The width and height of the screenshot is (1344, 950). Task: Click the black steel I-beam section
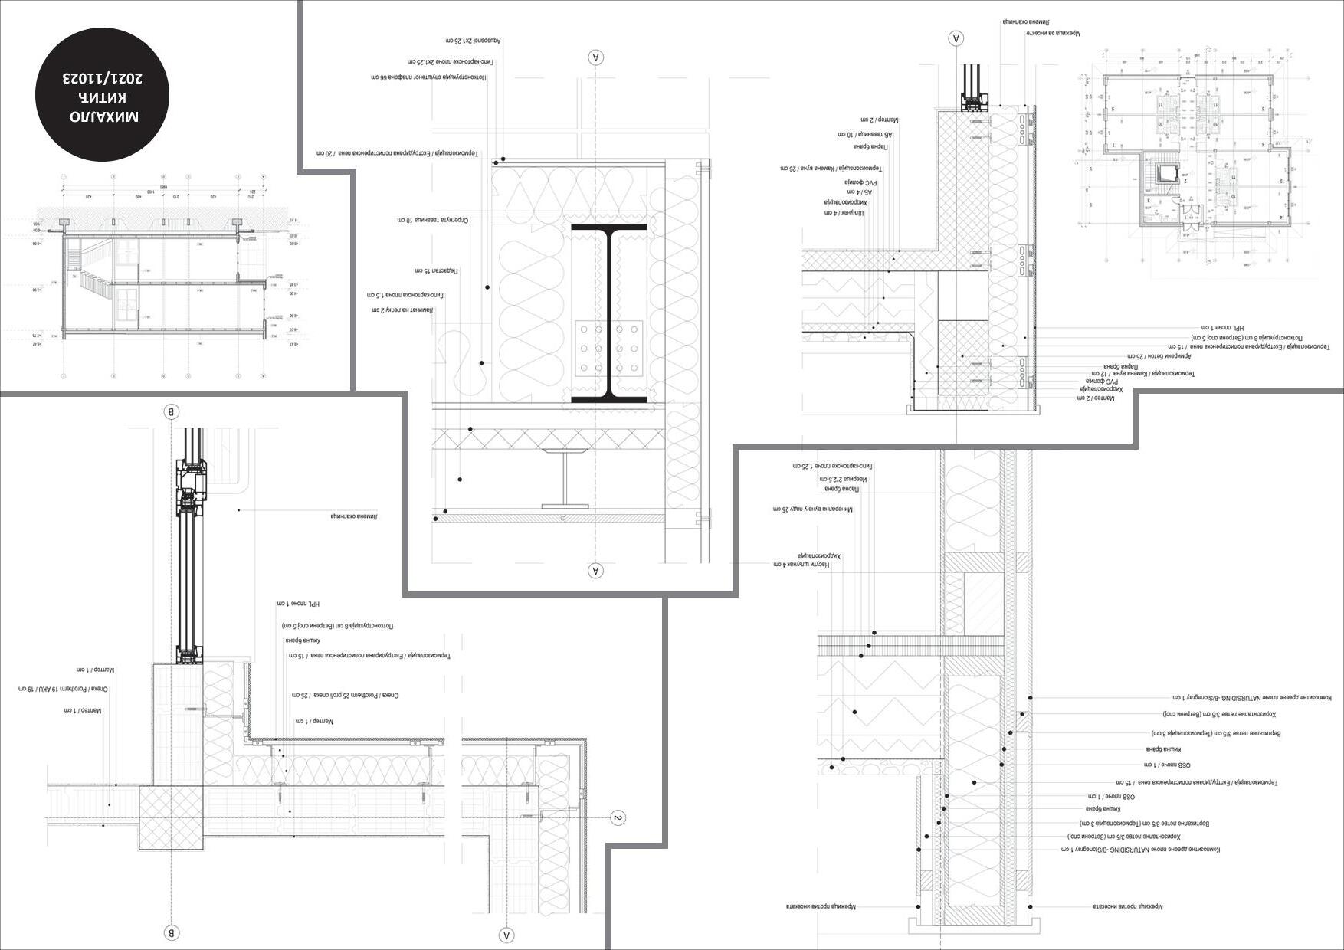(x=609, y=313)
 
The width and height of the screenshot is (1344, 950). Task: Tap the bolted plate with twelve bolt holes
(x=609, y=349)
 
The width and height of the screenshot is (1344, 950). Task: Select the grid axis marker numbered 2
(x=618, y=818)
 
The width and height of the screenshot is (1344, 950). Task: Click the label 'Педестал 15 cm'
(x=436, y=271)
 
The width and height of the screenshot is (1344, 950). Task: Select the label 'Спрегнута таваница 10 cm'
(x=433, y=221)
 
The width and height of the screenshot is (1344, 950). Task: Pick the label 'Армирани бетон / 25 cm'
(x=1153, y=356)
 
